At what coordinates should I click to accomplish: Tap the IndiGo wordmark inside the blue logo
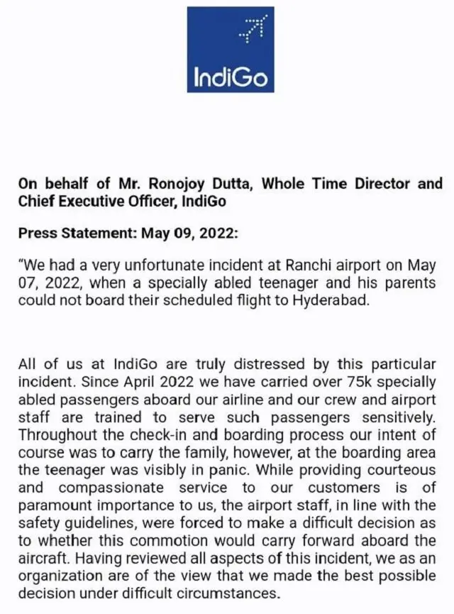click(231, 75)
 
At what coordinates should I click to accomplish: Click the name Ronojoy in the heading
click(151, 184)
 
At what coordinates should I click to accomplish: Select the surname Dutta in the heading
click(227, 184)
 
